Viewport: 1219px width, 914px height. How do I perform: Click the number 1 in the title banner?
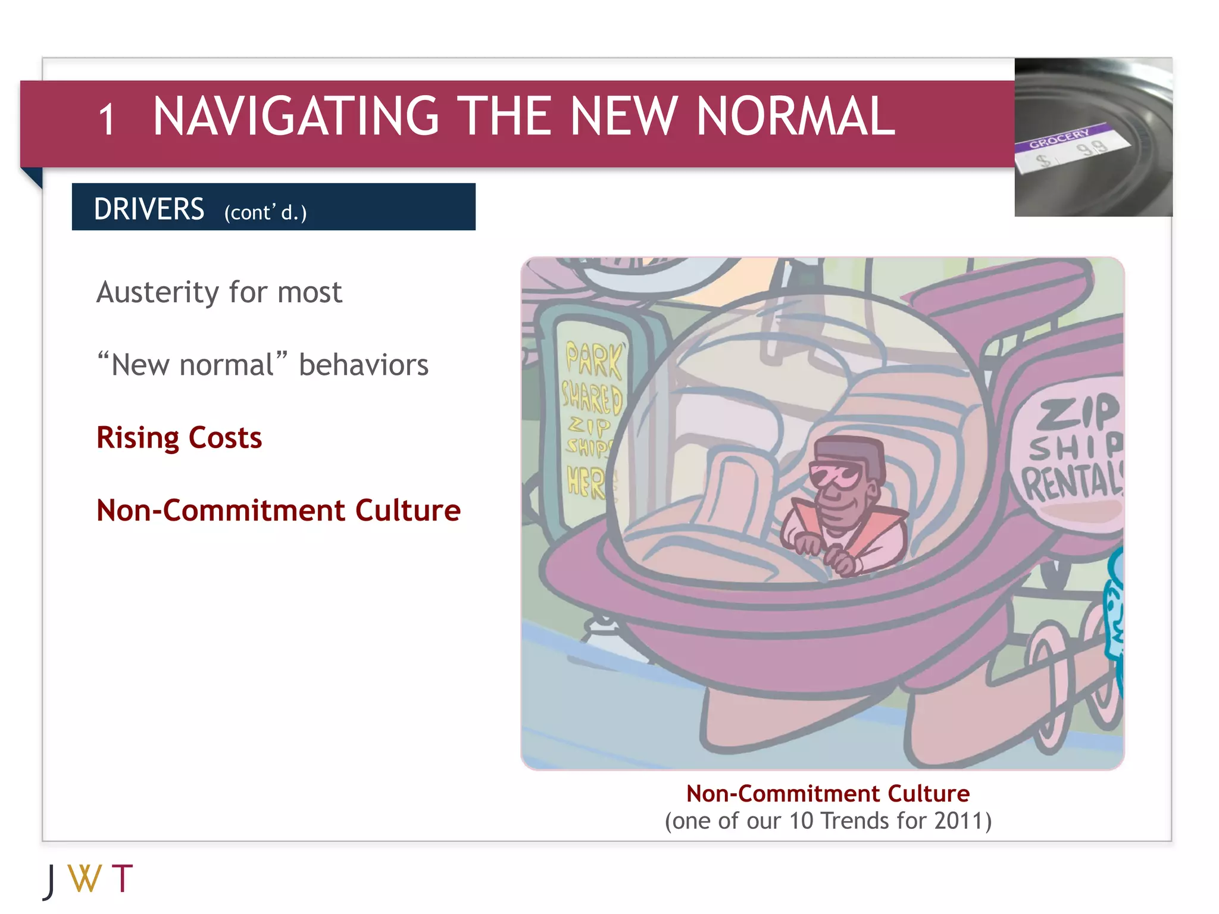tap(107, 120)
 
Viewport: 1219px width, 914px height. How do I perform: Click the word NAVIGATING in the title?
tap(296, 117)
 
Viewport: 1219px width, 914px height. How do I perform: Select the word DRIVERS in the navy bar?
tap(149, 209)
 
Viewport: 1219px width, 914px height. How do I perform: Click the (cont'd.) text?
tap(265, 212)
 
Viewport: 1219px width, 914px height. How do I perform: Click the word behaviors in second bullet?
tap(363, 365)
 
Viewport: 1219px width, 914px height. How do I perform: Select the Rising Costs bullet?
tap(179, 438)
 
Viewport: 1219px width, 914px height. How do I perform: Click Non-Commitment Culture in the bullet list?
tap(278, 511)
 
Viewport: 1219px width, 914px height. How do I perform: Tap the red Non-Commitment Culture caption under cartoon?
tap(827, 794)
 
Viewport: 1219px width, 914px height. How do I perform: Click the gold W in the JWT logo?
tap(85, 878)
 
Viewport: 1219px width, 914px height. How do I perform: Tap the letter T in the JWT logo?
tap(122, 878)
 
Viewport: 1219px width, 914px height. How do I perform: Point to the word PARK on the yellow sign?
tap(593, 359)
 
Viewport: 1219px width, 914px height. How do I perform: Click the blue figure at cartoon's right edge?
tap(1114, 619)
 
